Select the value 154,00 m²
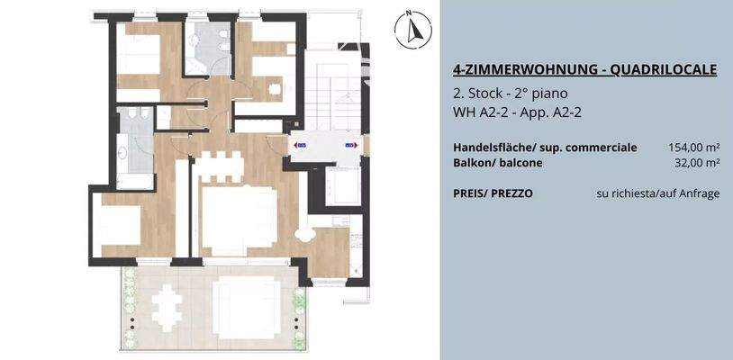(x=693, y=147)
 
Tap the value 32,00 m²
(x=697, y=163)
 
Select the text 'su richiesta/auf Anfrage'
(x=657, y=193)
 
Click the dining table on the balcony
(x=167, y=306)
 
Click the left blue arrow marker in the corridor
(x=300, y=143)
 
